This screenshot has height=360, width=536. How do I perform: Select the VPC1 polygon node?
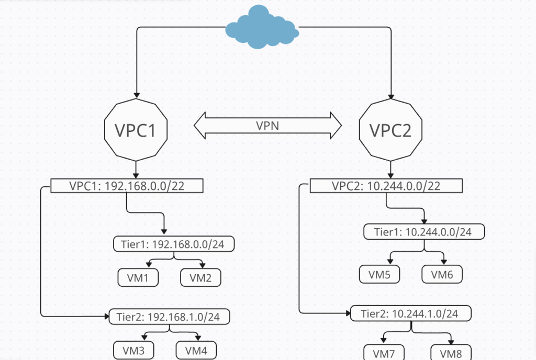[136, 130]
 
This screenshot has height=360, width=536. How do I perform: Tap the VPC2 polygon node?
[390, 130]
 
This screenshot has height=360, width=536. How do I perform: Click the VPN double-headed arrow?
[267, 126]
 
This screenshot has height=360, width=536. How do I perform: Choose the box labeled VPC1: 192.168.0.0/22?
[127, 186]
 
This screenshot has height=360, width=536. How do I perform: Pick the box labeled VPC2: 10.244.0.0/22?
[386, 186]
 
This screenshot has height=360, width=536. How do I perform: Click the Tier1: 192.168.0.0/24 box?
[174, 244]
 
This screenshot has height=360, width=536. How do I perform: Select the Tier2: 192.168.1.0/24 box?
[170, 317]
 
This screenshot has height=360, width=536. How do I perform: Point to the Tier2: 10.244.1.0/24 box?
[411, 313]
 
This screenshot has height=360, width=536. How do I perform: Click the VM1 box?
[138, 278]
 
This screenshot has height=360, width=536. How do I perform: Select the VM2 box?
[200, 278]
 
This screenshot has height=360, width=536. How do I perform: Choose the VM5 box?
[379, 274]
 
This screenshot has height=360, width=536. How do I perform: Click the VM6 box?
[442, 274]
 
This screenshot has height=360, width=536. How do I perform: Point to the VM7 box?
[384, 353]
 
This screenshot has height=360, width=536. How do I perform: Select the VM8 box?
[451, 353]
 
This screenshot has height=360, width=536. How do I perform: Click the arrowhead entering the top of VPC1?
[136, 95]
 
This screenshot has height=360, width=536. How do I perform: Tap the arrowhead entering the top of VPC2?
[390, 95]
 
